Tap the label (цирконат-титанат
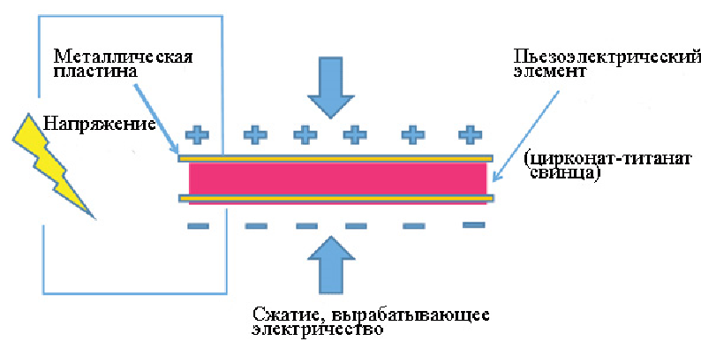tap(587, 158)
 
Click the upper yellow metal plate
tap(336, 159)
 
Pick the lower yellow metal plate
tap(336, 199)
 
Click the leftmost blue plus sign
tap(196, 134)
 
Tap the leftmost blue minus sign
tap(198, 226)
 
